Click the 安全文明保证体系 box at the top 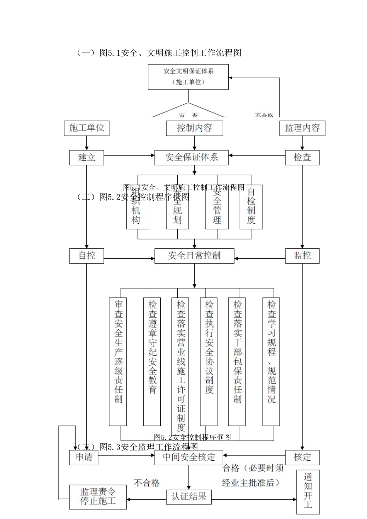tap(188, 77)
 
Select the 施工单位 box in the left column tap(87, 128)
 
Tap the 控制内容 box tap(194, 128)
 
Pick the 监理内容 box tap(302, 128)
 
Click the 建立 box tap(87, 157)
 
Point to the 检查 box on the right tap(302, 157)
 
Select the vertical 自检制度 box tap(251, 207)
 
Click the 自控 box tap(87, 256)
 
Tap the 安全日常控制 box tap(194, 256)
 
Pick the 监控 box tap(302, 256)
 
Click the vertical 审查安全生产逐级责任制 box tap(118, 361)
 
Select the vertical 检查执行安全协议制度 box tap(209, 361)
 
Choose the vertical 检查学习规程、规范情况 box tap(272, 361)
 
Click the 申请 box tap(84, 457)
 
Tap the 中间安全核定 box tap(189, 457)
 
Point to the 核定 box tap(302, 457)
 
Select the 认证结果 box tap(189, 496)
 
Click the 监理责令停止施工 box tap(98, 497)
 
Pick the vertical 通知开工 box tap(308, 492)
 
